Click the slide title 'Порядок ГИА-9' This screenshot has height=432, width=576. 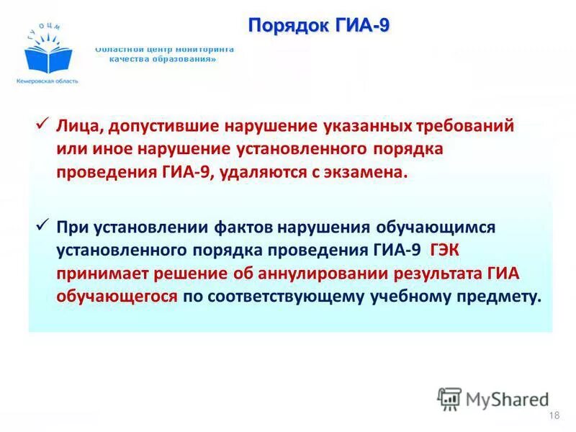[319, 26]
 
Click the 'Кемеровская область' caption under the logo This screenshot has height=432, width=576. [48, 81]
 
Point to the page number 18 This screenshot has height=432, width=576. [554, 416]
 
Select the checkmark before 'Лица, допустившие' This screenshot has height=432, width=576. [43, 124]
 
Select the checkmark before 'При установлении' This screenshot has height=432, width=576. [43, 225]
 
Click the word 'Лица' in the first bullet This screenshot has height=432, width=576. [80, 126]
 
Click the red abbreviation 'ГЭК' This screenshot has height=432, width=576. [449, 250]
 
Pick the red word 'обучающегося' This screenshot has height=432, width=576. [117, 297]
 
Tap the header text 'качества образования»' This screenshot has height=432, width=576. [163, 60]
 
